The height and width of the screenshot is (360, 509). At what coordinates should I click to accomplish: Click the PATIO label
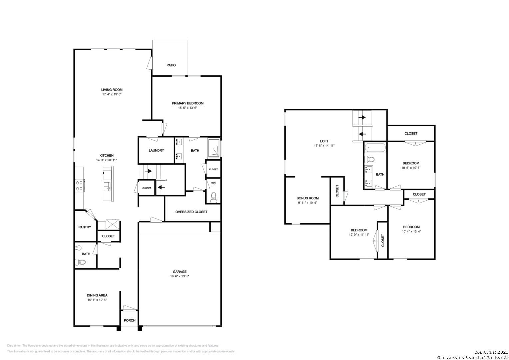[171, 65]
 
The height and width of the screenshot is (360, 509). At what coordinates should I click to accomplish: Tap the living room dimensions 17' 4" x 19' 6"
[112, 94]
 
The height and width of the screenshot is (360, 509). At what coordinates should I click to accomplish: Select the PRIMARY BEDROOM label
[187, 103]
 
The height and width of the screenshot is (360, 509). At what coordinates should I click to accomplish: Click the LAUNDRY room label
[156, 150]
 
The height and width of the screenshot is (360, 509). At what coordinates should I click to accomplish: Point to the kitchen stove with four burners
[80, 185]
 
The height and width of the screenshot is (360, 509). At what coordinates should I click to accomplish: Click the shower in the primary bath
[214, 148]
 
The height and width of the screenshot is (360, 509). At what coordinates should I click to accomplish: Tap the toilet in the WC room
[214, 197]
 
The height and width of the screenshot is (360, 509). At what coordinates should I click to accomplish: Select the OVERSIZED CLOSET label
[191, 212]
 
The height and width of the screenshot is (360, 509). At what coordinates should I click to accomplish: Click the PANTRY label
[85, 227]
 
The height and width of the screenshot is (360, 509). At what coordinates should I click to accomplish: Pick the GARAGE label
[180, 272]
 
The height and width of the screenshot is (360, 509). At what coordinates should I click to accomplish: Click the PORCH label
[130, 320]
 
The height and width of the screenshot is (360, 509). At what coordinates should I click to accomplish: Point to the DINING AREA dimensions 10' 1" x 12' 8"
[97, 300]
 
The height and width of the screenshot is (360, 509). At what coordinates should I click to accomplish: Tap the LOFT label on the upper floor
[324, 141]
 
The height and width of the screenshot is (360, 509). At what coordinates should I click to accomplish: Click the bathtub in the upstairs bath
[375, 147]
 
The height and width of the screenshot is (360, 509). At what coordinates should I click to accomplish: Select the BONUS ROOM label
[307, 198]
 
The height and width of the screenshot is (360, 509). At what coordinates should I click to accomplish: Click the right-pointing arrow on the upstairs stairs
[362, 117]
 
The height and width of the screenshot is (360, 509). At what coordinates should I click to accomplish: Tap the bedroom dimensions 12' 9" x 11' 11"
[359, 235]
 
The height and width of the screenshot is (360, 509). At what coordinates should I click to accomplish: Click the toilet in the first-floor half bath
[80, 263]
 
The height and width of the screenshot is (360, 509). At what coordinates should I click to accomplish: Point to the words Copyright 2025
[491, 352]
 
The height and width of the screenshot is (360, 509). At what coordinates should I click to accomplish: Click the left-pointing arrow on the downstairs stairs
[161, 187]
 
